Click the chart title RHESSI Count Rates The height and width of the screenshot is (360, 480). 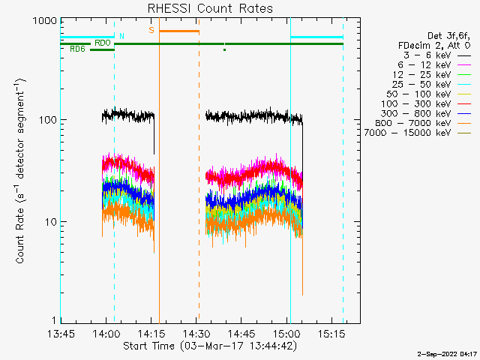(210, 8)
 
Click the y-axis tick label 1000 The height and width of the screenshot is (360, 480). (45, 21)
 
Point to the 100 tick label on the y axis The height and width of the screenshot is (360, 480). (48, 120)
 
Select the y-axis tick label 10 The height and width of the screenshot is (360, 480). (51, 222)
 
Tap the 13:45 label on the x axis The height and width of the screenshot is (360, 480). (61, 333)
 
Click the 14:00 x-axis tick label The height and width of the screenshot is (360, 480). (106, 333)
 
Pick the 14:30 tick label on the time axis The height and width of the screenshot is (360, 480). (196, 333)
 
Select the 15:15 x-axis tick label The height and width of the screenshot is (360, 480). (331, 333)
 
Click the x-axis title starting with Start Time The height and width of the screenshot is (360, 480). (210, 346)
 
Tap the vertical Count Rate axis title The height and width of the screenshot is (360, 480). (20, 171)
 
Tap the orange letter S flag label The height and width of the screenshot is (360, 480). (151, 30)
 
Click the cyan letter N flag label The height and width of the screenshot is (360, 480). (121, 36)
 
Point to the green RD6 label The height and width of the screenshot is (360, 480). (77, 49)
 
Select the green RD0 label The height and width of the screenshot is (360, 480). (103, 43)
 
